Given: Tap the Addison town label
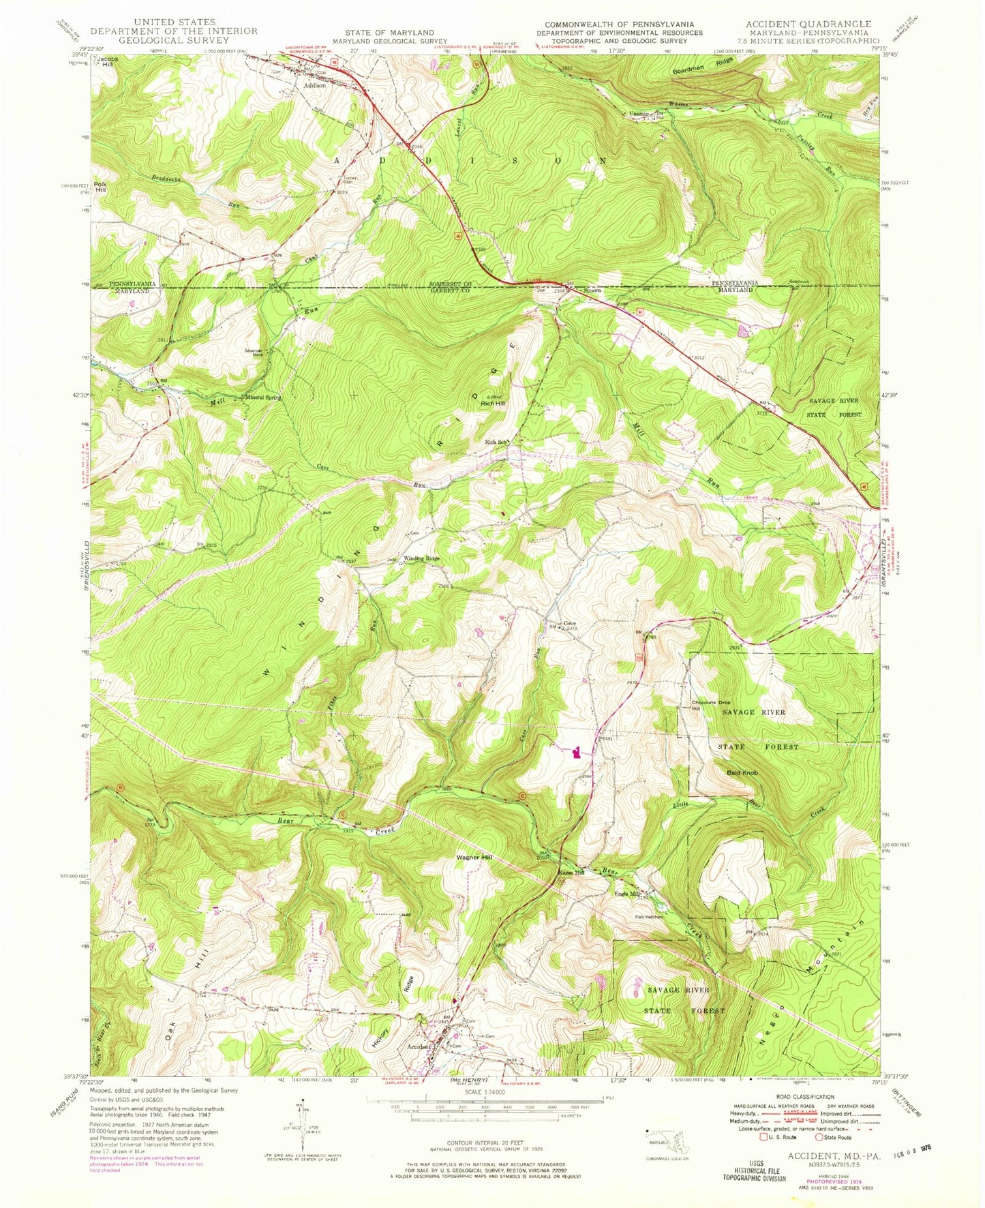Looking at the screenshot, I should [315, 86].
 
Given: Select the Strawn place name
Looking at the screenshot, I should [592, 290].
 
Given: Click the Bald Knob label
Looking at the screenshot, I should [742, 772].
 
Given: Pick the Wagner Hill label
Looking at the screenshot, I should [474, 858].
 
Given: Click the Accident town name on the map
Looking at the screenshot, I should [419, 1046].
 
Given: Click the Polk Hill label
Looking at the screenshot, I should [101, 187].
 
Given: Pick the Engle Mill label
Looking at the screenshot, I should [627, 894].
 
